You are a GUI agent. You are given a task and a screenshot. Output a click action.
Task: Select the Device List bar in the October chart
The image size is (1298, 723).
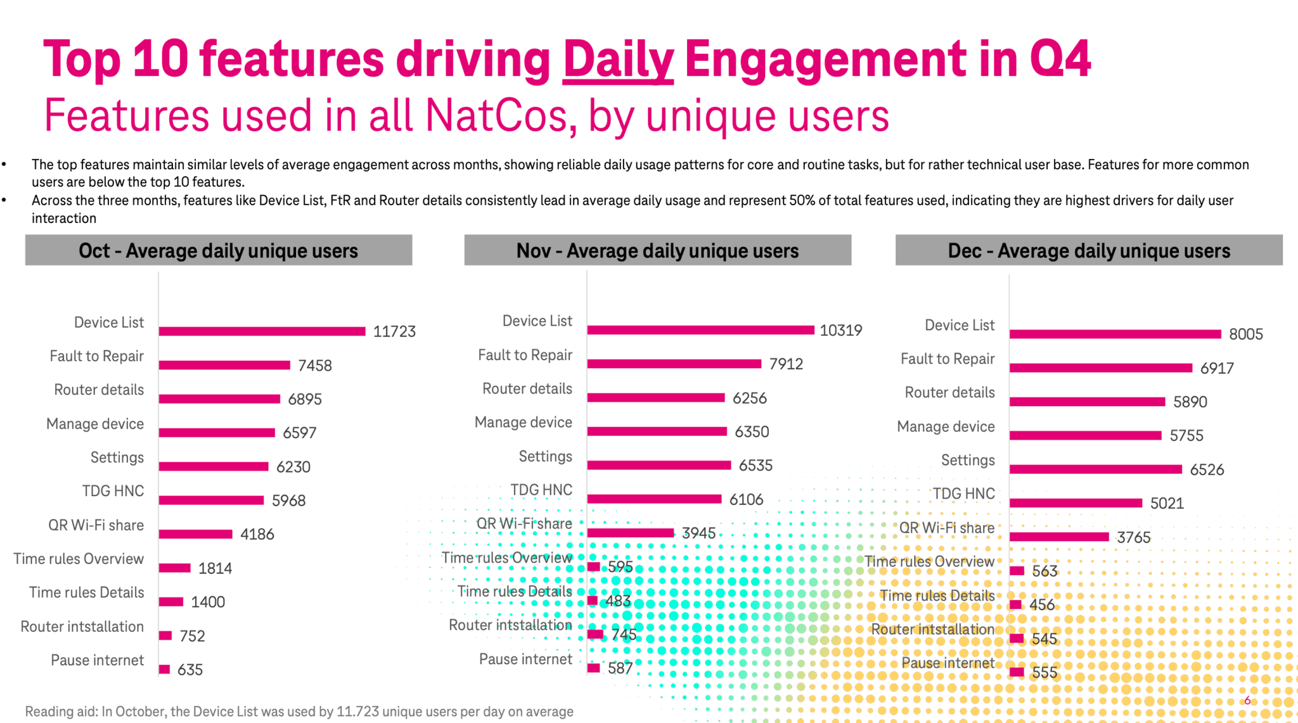click(x=262, y=331)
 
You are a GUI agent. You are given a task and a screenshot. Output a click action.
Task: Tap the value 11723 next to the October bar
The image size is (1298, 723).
click(x=394, y=332)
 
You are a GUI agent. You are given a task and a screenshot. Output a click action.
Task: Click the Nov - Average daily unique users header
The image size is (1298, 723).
click(x=657, y=251)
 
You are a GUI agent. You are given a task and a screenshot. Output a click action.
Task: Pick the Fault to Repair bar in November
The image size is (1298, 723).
click(x=674, y=364)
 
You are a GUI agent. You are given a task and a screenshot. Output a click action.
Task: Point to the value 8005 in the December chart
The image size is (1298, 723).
click(x=1245, y=335)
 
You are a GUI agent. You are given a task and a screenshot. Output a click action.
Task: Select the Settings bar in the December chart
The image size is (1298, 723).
click(x=1095, y=470)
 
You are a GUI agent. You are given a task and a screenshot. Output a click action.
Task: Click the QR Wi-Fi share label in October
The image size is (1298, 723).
click(x=96, y=525)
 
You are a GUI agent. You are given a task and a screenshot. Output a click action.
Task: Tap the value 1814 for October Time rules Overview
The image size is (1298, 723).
click(x=215, y=568)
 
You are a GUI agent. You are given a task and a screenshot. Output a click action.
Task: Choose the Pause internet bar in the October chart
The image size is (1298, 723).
click(x=165, y=669)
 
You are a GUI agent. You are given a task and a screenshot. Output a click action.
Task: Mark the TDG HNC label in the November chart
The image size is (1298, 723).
click(x=541, y=490)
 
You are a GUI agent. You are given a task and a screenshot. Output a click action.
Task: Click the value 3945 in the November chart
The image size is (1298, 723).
click(x=698, y=534)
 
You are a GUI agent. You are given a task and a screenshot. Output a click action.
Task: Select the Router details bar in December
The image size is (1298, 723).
click(x=1087, y=402)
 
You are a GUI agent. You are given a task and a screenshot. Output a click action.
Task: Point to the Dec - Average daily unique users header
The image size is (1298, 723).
click(x=1088, y=251)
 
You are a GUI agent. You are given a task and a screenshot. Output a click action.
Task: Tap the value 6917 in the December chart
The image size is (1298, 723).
click(x=1216, y=369)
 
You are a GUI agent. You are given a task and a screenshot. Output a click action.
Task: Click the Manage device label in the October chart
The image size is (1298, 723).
click(x=95, y=424)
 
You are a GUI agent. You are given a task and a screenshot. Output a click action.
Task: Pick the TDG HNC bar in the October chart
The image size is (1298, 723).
click(x=211, y=501)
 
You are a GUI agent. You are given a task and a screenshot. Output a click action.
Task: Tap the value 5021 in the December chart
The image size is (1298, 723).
click(x=1167, y=504)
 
